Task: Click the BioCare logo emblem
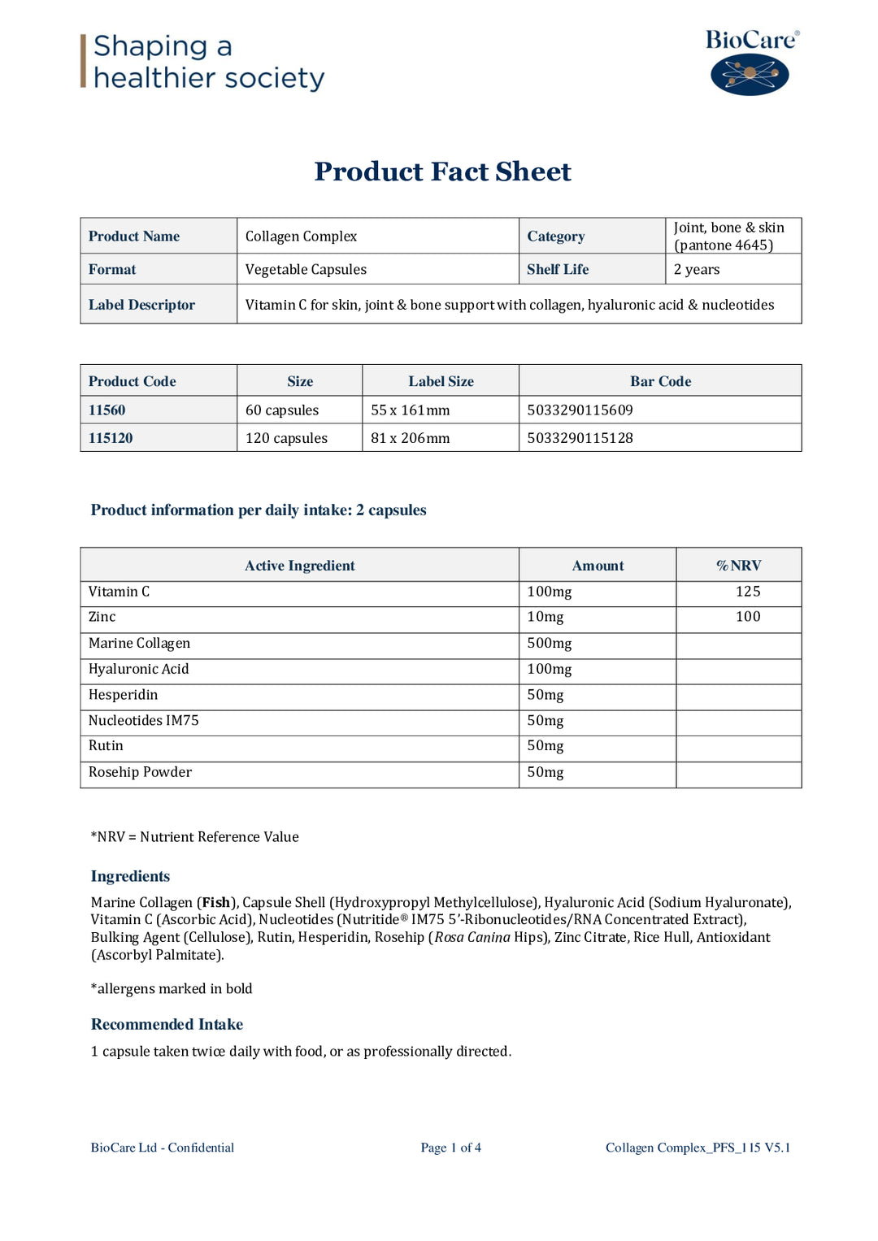(750, 75)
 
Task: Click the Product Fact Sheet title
(442, 171)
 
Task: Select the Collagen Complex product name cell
(301, 236)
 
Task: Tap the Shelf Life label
(558, 269)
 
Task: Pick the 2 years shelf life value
(697, 269)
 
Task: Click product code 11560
(107, 410)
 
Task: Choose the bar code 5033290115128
(580, 438)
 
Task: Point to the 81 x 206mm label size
(410, 438)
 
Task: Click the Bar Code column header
(660, 381)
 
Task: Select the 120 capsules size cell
(286, 438)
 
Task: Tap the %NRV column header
(738, 566)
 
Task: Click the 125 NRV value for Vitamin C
(748, 592)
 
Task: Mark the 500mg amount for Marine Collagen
(550, 644)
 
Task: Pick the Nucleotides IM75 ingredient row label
(144, 721)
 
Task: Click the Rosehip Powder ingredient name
(140, 772)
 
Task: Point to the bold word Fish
(215, 903)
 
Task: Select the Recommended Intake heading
(167, 1025)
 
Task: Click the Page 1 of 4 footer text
(450, 1148)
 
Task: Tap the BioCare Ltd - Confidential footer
(163, 1148)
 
